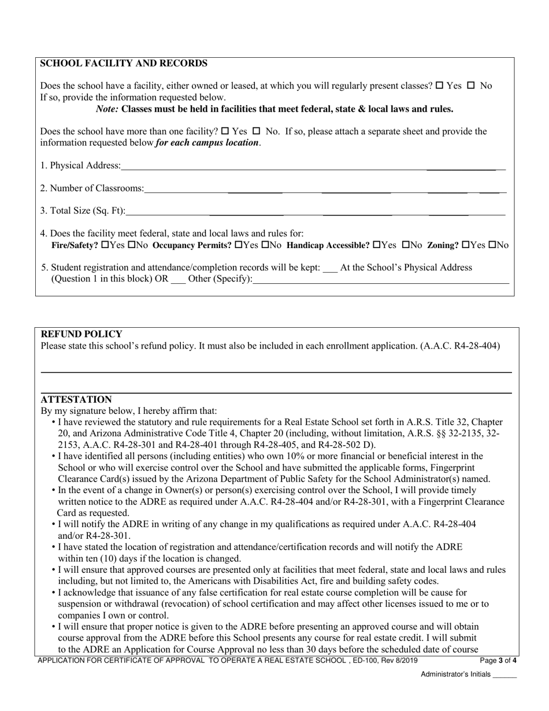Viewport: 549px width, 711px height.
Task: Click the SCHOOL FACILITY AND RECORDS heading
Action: click(123, 64)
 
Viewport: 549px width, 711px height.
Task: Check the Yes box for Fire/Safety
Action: click(104, 245)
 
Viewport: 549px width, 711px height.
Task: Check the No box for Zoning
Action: click(492, 245)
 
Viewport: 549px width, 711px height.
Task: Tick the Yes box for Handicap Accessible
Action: click(377, 245)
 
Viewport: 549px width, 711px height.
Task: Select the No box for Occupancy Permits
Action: click(265, 245)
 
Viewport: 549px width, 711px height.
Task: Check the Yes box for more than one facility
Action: click(225, 131)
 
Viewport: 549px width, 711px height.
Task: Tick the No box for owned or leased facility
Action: click(470, 86)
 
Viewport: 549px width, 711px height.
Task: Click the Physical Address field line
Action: click(312, 169)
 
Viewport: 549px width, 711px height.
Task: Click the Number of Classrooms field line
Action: click(324, 191)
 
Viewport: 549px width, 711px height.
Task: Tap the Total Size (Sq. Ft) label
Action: click(82, 211)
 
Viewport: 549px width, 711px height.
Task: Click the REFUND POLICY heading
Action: click(81, 334)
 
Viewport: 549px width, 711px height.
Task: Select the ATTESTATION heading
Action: click(76, 399)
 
